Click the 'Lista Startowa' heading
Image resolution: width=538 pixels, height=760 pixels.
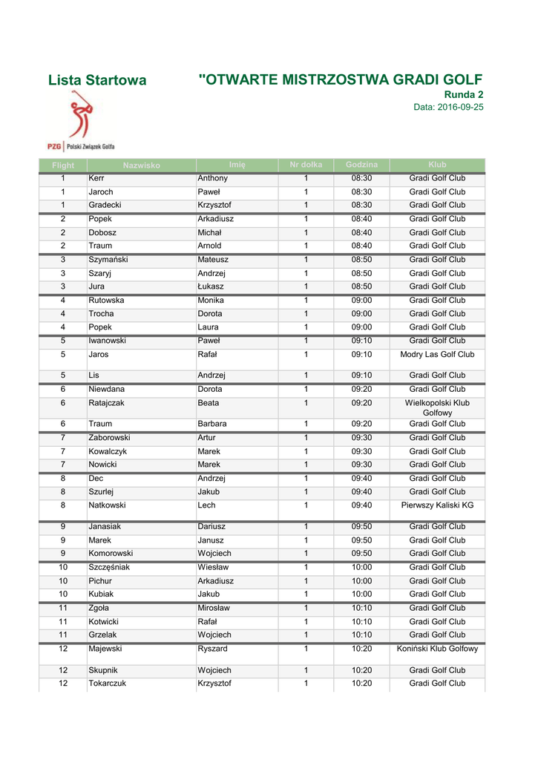tap(96, 80)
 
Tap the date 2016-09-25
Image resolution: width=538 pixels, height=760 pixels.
tap(448, 108)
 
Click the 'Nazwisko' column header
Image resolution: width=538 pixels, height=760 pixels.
tap(142, 166)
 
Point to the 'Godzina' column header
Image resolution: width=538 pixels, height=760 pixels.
tap(361, 165)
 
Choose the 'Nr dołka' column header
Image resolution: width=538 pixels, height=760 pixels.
tap(306, 165)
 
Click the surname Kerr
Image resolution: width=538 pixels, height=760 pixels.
tap(96, 179)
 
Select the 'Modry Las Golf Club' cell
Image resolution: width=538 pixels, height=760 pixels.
tap(437, 355)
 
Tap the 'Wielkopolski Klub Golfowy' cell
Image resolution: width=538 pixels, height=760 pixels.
tap(437, 407)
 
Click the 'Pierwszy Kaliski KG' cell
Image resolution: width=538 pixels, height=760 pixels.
tap(437, 505)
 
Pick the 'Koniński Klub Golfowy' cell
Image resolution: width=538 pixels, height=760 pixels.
tap(437, 649)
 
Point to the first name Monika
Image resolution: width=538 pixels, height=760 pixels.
tap(211, 301)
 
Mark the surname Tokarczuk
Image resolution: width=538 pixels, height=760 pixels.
tap(107, 684)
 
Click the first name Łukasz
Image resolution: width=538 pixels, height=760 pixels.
tap(211, 286)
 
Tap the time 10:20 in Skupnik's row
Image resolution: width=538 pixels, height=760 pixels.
tap(361, 670)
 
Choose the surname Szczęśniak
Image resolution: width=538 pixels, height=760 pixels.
tap(109, 568)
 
